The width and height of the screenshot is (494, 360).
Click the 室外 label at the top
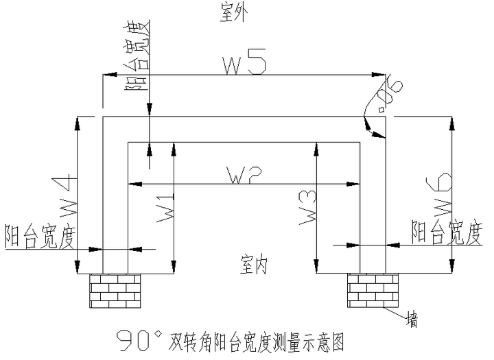click(233, 14)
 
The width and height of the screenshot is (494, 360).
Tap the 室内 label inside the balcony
click(254, 265)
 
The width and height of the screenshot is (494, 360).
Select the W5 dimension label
click(244, 62)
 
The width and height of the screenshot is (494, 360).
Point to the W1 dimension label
click(165, 207)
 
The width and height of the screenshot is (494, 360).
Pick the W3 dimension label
click(308, 208)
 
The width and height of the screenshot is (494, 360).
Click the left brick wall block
click(115, 291)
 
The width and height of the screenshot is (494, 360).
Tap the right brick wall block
click(373, 290)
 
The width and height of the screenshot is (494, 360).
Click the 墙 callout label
click(412, 319)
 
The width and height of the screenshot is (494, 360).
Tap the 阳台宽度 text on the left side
click(41, 236)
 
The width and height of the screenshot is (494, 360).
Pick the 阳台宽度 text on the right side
click(447, 232)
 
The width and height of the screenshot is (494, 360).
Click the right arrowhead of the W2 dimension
click(353, 184)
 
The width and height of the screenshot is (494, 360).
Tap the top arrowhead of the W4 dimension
click(78, 123)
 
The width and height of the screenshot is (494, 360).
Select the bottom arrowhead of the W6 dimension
click(452, 266)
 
